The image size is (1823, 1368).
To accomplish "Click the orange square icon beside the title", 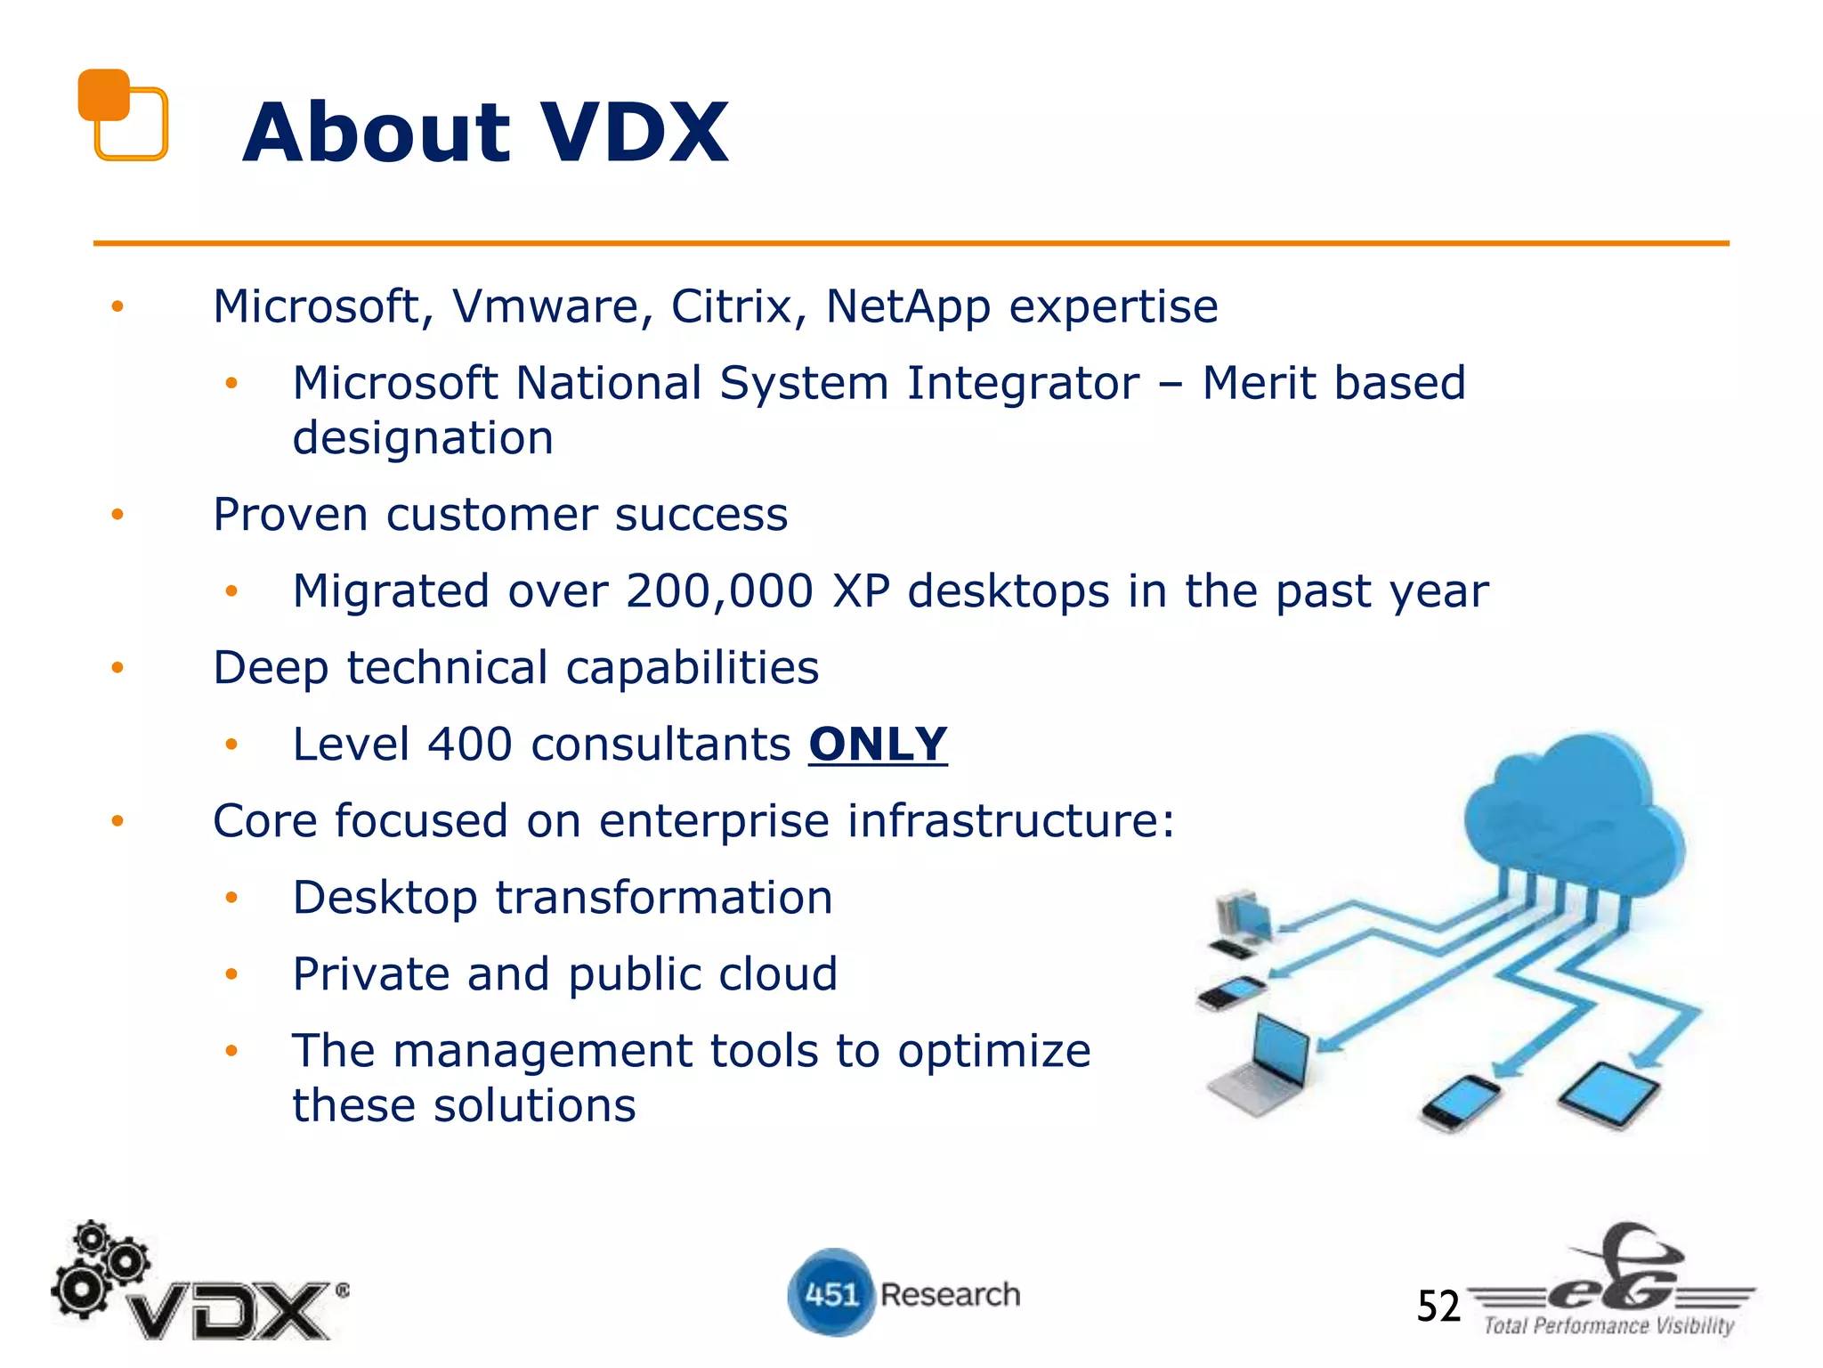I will [123, 115].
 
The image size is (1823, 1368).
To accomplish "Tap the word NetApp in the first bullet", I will [908, 307].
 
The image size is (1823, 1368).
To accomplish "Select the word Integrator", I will [1023, 384].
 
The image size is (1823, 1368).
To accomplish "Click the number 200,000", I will [719, 591].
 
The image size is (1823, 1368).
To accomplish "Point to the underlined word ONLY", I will [878, 745].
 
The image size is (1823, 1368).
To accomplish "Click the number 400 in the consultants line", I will [469, 745].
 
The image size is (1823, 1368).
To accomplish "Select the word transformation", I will [664, 898].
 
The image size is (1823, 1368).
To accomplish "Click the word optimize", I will [993, 1051].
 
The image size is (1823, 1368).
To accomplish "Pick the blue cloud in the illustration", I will [1574, 815].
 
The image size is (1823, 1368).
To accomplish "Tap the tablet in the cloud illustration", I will [1609, 1095].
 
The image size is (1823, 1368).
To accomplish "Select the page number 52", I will [1438, 1307].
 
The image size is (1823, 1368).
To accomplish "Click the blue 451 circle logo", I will [830, 1292].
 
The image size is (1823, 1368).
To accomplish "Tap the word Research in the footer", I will [950, 1294].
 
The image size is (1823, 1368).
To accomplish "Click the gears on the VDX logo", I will [98, 1265].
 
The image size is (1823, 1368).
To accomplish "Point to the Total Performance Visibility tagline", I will [1608, 1326].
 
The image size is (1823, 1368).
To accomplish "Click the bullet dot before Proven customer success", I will [117, 515].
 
